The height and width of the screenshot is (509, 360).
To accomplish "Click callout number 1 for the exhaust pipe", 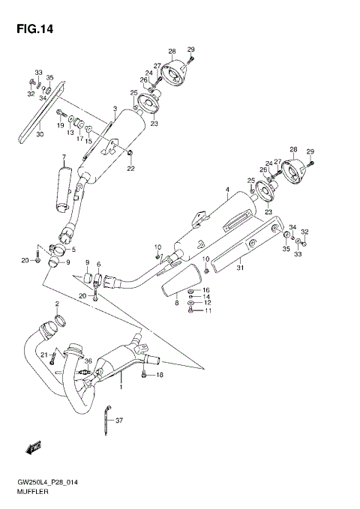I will pyautogui.click(x=120, y=389).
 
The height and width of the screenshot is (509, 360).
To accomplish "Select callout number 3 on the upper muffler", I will pyautogui.click(x=114, y=109).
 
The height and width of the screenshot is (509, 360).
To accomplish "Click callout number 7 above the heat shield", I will pyautogui.click(x=64, y=157).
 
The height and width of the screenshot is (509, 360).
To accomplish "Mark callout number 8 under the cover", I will pyautogui.click(x=177, y=303).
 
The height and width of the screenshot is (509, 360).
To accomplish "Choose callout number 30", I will pyautogui.click(x=40, y=135).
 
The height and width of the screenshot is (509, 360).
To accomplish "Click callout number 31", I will pyautogui.click(x=240, y=268).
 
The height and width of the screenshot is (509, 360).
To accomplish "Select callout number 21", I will pyautogui.click(x=44, y=355).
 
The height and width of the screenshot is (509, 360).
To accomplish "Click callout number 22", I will pyautogui.click(x=130, y=168).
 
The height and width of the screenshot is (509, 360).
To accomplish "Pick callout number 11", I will pyautogui.click(x=208, y=311).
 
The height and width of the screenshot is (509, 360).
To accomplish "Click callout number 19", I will pyautogui.click(x=61, y=125).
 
